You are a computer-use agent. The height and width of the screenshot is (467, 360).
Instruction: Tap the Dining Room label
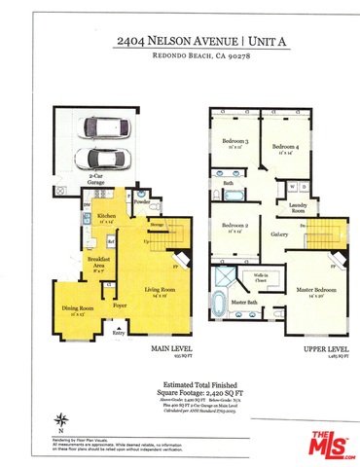72,308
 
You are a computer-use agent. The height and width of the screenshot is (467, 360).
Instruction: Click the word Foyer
121,305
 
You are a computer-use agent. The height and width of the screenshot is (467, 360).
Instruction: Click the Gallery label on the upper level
279,234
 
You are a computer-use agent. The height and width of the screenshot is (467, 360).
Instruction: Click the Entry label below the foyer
120,333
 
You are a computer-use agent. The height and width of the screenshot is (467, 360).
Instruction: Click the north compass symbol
61,421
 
